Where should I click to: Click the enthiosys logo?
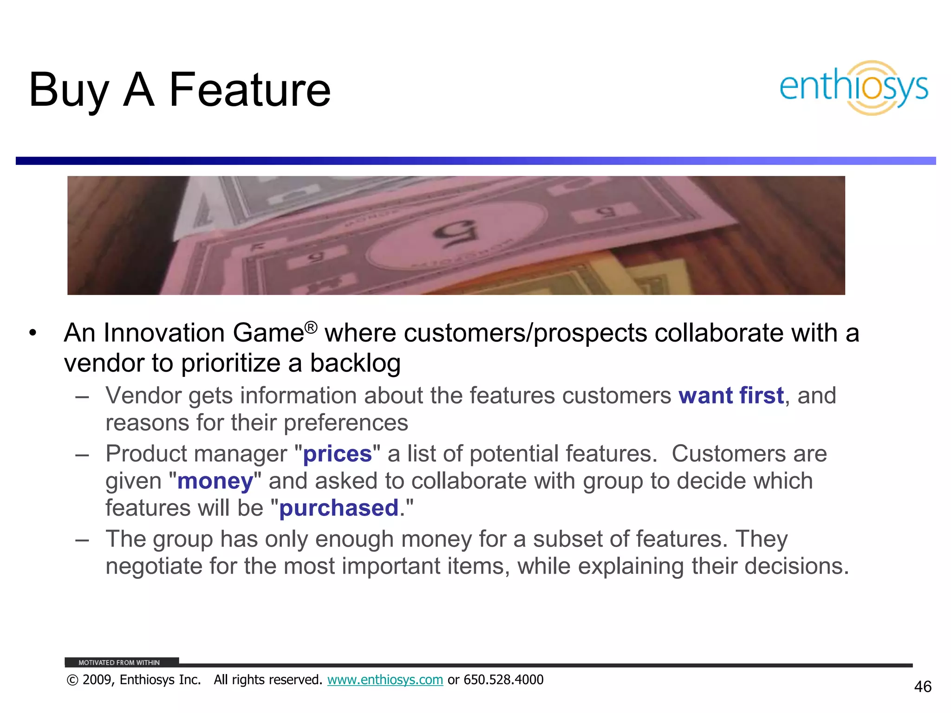pos(853,88)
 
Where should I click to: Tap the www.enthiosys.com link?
pos(385,680)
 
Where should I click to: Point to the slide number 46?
pos(922,687)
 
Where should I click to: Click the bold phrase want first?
pos(731,396)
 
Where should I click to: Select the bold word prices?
pos(337,454)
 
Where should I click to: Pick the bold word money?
pos(215,481)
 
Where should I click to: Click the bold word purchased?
pos(339,508)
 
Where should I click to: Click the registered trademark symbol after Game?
pos(311,327)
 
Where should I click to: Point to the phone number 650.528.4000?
pos(503,680)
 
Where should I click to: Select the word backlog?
pos(355,363)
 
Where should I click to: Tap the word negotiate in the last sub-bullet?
pos(154,566)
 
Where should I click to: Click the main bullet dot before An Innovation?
pos(32,333)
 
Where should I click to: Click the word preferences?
pos(345,423)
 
